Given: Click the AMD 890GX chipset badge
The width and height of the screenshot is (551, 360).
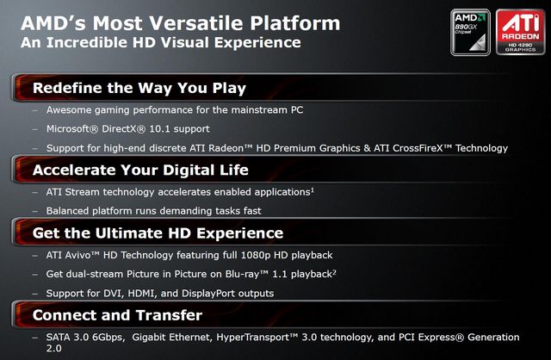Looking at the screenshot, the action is point(470,33).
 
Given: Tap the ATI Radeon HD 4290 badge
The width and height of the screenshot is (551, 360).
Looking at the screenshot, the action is point(520,33).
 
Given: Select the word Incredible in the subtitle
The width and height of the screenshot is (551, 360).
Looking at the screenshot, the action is point(87,42).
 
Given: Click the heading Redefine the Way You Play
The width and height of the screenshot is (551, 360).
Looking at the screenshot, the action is point(139,88).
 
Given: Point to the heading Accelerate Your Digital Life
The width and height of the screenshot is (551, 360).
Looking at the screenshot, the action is point(140,171).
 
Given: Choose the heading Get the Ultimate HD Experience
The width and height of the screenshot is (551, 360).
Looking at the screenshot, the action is point(158,233).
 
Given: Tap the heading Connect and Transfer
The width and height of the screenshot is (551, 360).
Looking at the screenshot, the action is point(117,315).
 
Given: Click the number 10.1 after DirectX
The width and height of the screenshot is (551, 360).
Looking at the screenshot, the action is point(160,128).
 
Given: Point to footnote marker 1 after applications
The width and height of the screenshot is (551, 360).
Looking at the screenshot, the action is point(313,189).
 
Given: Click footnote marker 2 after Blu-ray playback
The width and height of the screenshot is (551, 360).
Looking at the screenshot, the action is point(334,271).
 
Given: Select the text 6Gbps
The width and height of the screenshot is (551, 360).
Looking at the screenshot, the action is point(108,338).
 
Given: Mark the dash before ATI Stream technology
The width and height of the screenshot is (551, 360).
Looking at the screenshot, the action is point(34,192).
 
